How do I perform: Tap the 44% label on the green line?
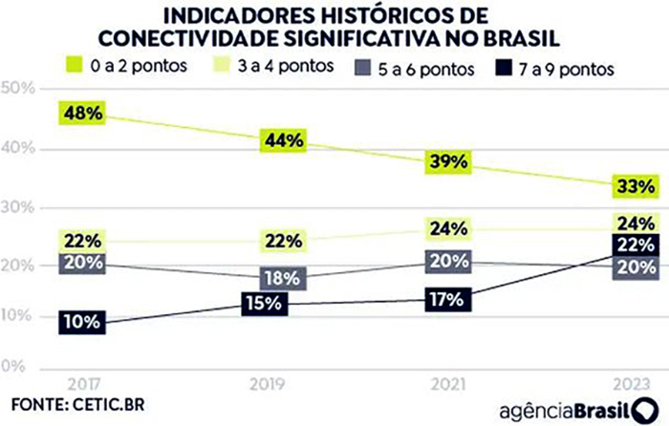tap(284, 140)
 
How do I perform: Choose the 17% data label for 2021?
tap(446, 298)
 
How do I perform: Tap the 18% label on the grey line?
tap(284, 278)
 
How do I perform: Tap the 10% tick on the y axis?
tap(17, 316)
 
